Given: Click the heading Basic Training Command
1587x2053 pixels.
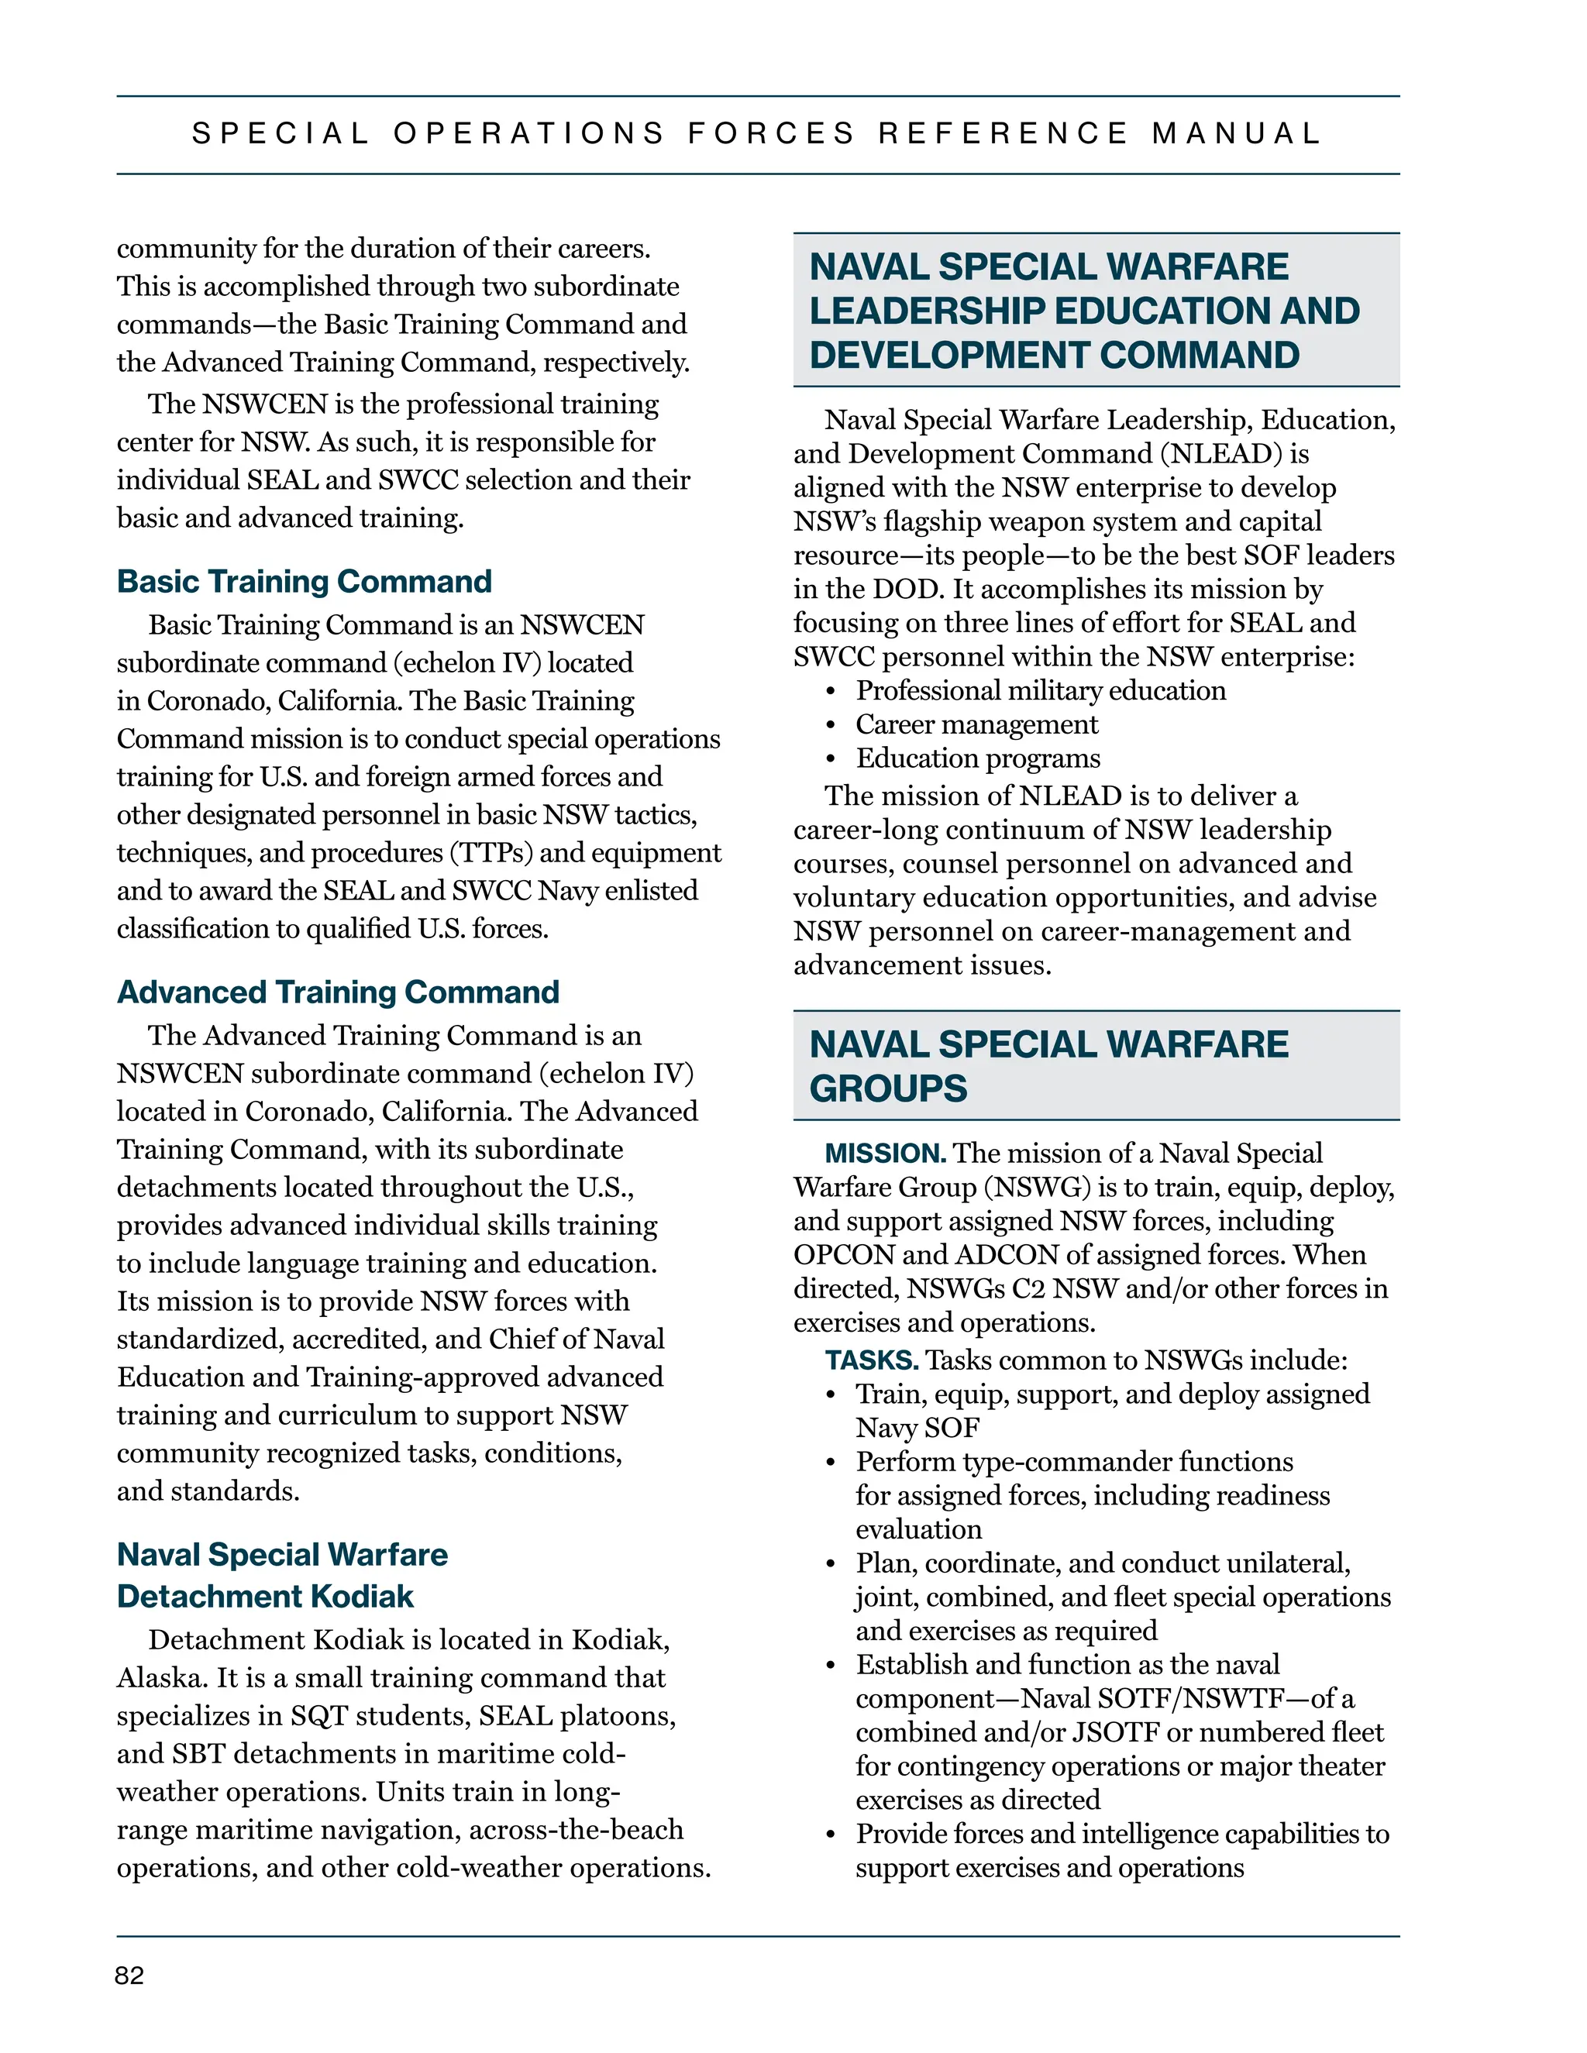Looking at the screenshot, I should coord(304,581).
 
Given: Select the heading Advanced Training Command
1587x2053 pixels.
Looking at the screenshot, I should coord(338,992).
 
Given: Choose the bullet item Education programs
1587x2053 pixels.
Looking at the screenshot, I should coord(977,758).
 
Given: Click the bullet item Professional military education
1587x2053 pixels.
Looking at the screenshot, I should coord(1040,691).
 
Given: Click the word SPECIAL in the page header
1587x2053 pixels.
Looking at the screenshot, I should coord(281,133).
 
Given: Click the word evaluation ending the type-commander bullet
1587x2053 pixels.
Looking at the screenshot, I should coord(917,1529).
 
